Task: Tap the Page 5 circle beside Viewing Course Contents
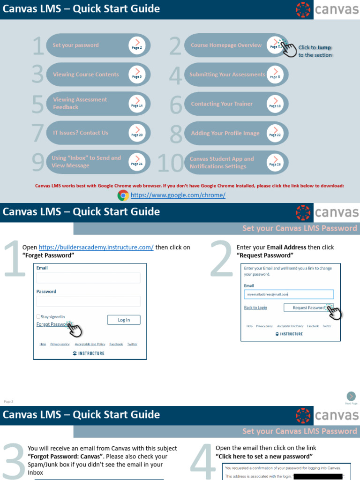click(137, 75)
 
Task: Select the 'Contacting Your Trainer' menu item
click(222, 104)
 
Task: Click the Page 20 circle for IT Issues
click(137, 133)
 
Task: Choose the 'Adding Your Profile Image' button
click(225, 134)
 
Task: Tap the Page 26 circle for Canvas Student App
click(275, 163)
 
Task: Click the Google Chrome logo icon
click(123, 195)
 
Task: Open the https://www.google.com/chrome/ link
click(178, 195)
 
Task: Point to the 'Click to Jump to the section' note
click(315, 51)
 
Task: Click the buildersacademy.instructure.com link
click(96, 247)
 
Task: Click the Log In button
click(124, 320)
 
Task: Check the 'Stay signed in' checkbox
click(38, 317)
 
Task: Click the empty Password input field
click(89, 301)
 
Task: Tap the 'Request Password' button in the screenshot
click(308, 307)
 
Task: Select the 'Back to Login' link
click(255, 307)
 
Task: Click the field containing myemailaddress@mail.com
click(289, 294)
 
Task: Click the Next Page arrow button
click(351, 397)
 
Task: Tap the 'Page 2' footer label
click(8, 401)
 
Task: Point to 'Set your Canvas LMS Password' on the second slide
click(300, 228)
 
